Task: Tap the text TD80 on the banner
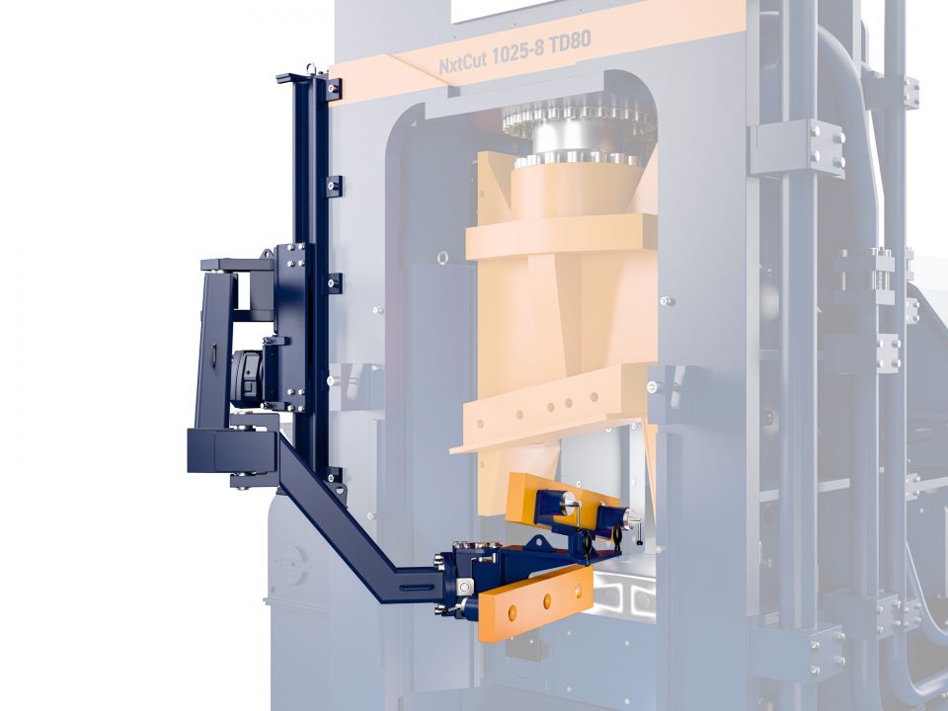[x=569, y=42]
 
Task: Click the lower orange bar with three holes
[x=535, y=602]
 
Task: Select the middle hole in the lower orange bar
[x=547, y=601]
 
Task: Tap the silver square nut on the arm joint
[x=464, y=586]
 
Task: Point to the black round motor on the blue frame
[x=246, y=378]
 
